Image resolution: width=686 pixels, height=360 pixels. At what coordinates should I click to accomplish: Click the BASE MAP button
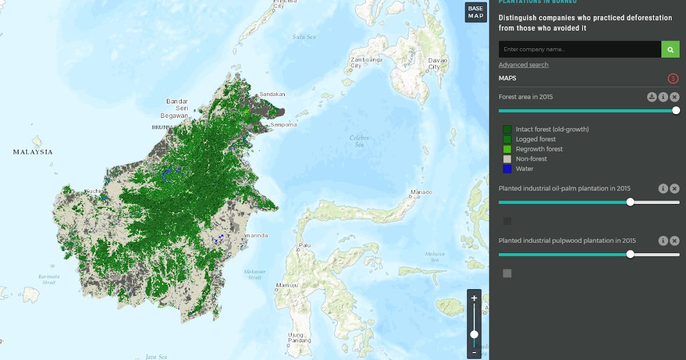click(476, 12)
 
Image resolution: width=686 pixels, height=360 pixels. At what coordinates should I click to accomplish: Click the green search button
click(671, 49)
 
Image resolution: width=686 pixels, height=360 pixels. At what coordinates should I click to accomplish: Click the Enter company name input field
click(580, 49)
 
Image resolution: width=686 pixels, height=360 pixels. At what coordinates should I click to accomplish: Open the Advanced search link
click(523, 65)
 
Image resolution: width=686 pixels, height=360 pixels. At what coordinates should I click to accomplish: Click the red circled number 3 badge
click(673, 78)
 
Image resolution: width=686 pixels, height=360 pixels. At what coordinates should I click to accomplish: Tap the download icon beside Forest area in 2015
click(652, 97)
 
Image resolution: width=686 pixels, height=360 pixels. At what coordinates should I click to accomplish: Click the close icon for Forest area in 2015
click(675, 97)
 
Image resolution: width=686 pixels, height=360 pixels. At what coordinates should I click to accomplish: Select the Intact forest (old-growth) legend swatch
click(507, 129)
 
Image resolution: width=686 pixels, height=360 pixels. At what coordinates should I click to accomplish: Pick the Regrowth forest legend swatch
click(507, 149)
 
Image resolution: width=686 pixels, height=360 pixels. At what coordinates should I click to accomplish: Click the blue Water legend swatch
click(507, 169)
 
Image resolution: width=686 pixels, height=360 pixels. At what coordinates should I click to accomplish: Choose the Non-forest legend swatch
click(507, 159)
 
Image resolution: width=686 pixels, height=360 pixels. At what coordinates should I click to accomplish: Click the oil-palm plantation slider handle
click(630, 202)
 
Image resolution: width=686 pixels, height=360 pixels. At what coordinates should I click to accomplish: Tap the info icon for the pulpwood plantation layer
click(663, 241)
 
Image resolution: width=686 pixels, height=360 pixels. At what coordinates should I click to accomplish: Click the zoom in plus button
click(474, 298)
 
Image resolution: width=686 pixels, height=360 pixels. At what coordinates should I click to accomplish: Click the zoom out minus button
click(474, 353)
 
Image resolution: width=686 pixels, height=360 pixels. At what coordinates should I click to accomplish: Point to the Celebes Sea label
click(359, 141)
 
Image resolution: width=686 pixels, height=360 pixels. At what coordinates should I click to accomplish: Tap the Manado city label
click(421, 192)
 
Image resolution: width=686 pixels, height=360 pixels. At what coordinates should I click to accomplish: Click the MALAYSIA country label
click(33, 152)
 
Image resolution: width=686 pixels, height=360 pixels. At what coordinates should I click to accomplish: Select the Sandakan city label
click(272, 94)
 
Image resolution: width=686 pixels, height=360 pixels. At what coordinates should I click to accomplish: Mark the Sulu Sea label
click(304, 37)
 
